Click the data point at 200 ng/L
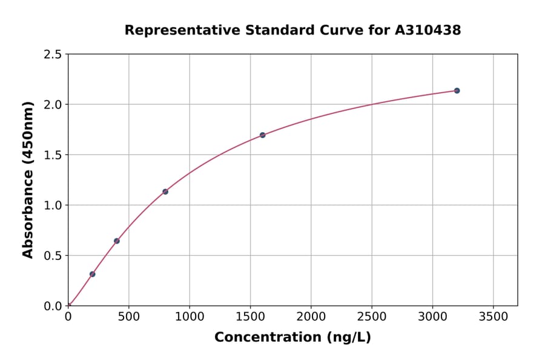coord(92,274)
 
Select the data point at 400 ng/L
coord(116,241)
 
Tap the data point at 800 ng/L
coord(165,192)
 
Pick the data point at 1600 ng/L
coord(262,135)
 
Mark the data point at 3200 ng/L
coord(457,90)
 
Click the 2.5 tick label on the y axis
coord(53,55)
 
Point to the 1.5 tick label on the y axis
coord(53,155)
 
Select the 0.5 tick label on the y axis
coord(53,256)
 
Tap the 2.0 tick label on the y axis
coord(53,105)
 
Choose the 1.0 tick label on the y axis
coord(53,205)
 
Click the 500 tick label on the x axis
coord(128,316)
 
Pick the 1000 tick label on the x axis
coord(190,316)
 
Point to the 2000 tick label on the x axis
coord(311,316)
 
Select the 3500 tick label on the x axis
coord(493,316)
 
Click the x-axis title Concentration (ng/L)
coord(292,338)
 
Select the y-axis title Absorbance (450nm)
coord(28,180)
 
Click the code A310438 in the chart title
coord(428,30)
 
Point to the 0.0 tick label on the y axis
coord(53,306)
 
